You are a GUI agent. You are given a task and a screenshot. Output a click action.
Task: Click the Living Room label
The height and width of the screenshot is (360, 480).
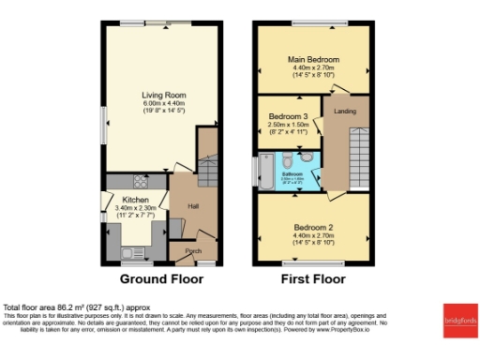[158, 95]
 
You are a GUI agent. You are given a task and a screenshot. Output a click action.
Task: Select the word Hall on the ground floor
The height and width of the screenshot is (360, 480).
[193, 206]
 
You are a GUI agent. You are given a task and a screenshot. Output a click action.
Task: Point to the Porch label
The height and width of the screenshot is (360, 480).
[193, 251]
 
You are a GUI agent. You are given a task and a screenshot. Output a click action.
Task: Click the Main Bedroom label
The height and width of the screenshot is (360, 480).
[313, 59]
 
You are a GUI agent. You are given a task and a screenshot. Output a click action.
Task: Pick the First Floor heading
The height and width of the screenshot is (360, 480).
[313, 279]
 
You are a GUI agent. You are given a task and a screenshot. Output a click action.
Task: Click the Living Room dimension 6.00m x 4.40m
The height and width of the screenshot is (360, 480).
[158, 104]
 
